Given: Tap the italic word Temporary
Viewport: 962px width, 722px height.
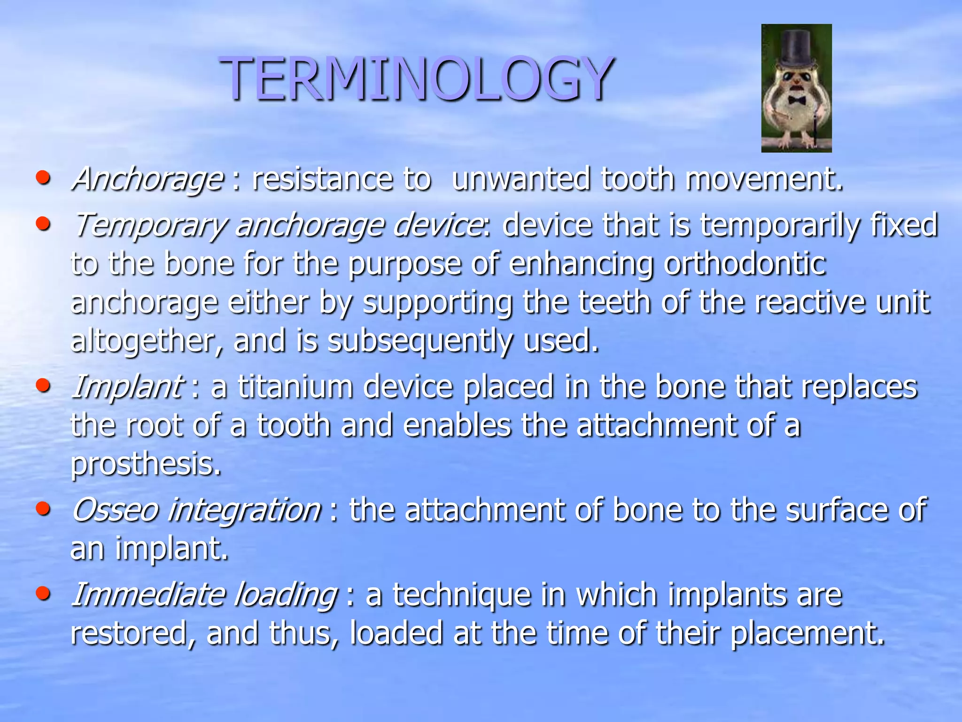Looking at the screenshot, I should (x=149, y=226).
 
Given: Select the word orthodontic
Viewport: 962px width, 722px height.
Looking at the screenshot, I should (x=745, y=263).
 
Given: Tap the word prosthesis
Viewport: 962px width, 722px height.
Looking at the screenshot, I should (x=146, y=464).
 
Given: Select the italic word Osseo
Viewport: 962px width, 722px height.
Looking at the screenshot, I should (x=115, y=510).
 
